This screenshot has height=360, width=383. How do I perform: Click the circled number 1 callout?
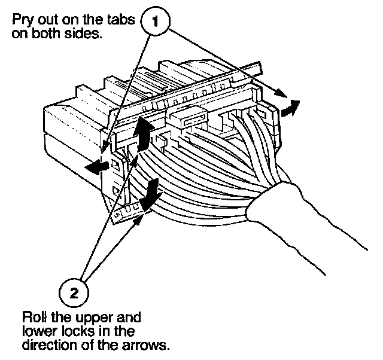pyautogui.click(x=156, y=23)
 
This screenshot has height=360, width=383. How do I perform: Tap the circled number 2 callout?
pyautogui.click(x=74, y=292)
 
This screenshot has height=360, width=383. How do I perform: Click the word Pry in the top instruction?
pyautogui.click(x=22, y=21)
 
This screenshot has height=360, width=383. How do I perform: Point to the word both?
pyautogui.click(x=47, y=33)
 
